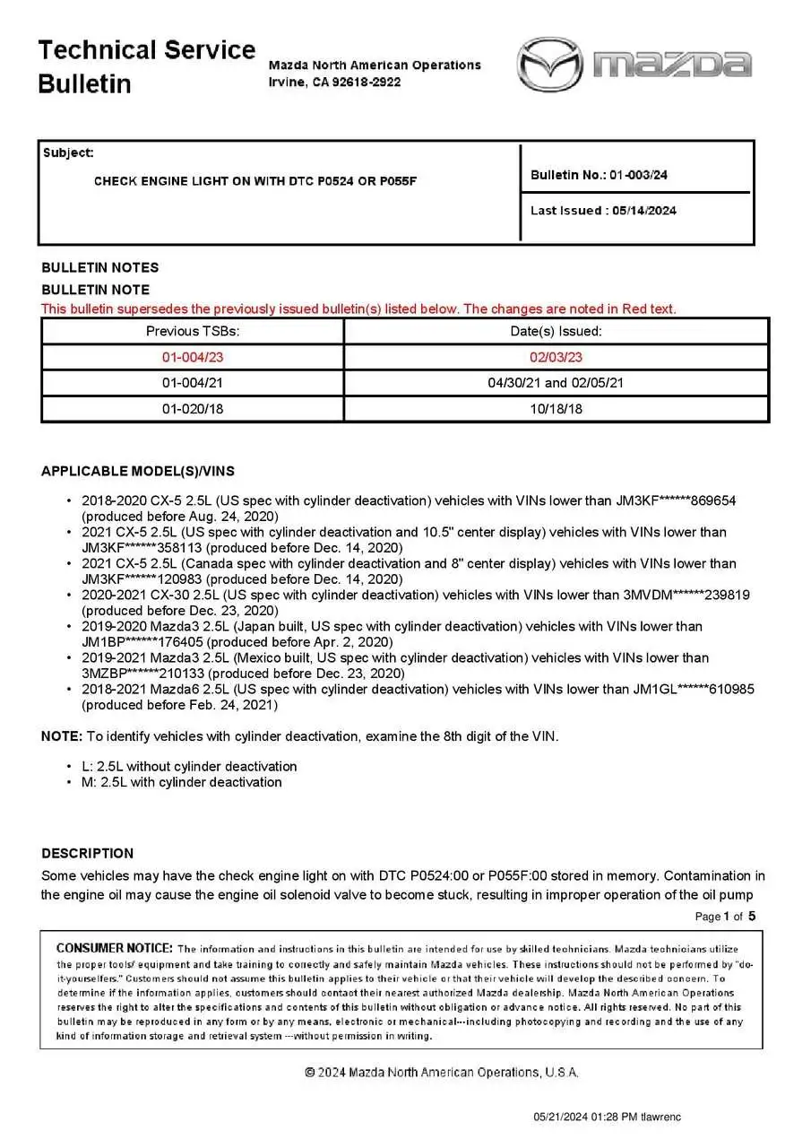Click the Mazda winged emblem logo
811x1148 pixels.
[549, 64]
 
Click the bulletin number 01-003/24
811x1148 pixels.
[638, 175]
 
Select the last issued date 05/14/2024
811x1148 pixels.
[643, 211]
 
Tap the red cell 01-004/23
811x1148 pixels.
[193, 357]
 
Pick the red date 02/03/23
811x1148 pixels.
[556, 357]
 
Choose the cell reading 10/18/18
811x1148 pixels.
[556, 409]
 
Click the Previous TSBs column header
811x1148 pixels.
[193, 331]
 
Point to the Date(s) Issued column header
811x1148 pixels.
[556, 331]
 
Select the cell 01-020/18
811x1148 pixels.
[193, 409]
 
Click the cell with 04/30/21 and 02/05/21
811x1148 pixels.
[556, 383]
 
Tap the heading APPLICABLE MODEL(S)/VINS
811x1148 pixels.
[138, 472]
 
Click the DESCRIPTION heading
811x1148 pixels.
[87, 853]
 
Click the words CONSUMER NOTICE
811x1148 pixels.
[115, 948]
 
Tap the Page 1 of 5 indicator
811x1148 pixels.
[725, 916]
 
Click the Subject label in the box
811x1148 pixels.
[68, 153]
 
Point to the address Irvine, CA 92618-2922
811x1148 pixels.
[334, 82]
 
